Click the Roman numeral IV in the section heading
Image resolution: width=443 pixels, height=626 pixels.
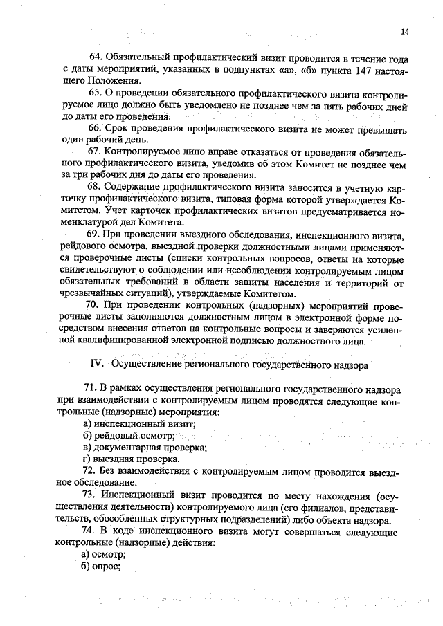(x=97, y=364)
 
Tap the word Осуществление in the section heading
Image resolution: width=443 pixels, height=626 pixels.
(x=146, y=364)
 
